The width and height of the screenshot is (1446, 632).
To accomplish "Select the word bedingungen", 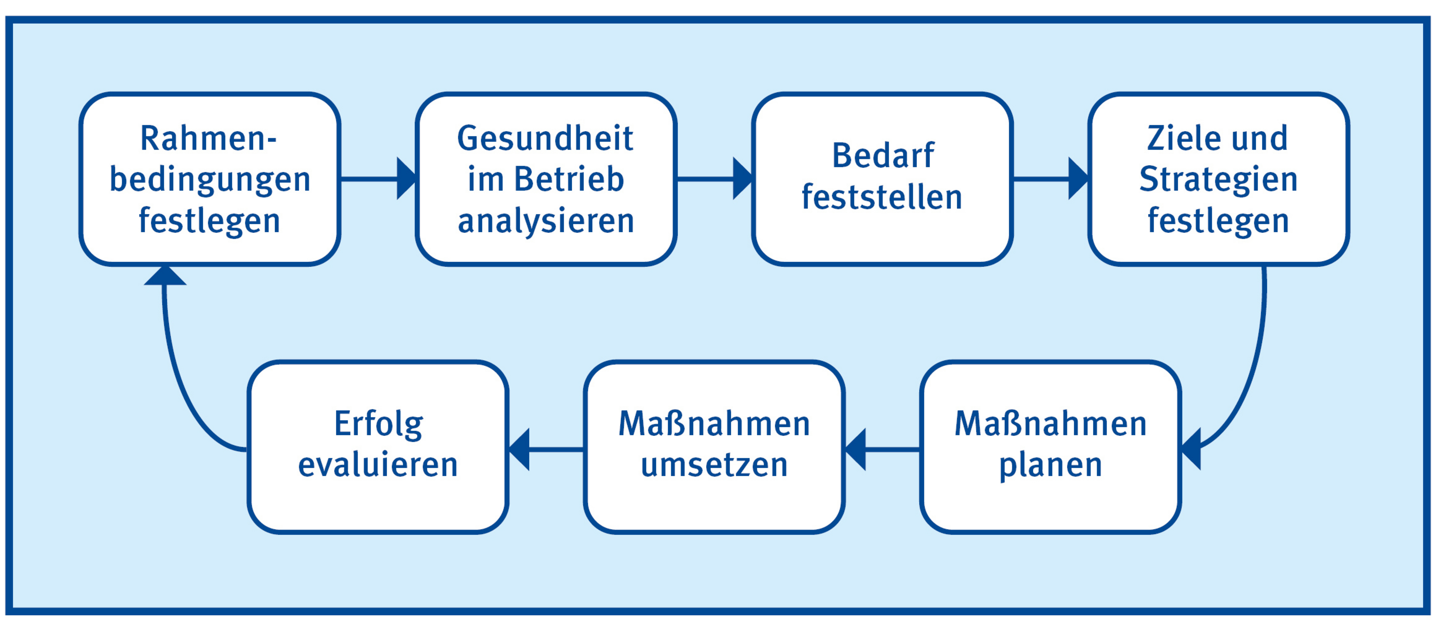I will coord(209,180).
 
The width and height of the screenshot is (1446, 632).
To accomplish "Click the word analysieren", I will coord(546,221).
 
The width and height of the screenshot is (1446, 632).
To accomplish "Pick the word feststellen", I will coord(882,198).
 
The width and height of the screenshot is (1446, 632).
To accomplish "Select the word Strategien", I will coord(1218,180).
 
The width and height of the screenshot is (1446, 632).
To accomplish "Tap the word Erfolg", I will coord(378,424).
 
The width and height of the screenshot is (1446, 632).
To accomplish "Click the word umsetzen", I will coord(714,465).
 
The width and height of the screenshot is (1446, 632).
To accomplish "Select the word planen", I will coord(1050,465).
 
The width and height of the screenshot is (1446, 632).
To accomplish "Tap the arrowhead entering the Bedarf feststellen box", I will coord(742,178).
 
